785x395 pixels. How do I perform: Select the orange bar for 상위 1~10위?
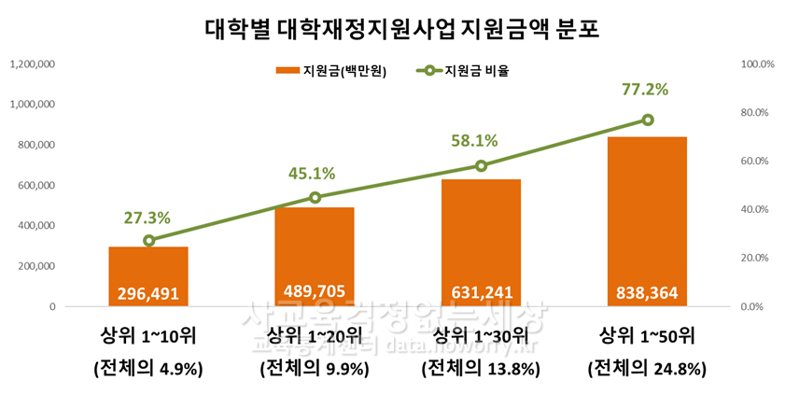pos(148,266)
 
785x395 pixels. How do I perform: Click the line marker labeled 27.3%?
pos(148,241)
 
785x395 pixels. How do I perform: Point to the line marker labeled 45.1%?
pos(315,197)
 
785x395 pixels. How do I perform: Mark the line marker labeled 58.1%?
pos(481,165)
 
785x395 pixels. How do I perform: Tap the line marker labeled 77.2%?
pos(647,120)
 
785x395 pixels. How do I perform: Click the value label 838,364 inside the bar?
pos(647,293)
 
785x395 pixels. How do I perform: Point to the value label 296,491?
pos(148,293)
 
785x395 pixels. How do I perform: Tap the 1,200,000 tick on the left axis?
pos(32,64)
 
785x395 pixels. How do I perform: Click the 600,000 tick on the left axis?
pos(35,186)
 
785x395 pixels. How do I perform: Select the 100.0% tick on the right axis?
pos(752,64)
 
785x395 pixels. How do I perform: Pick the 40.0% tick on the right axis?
pos(752,209)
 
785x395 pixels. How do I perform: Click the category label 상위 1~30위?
pos(481,335)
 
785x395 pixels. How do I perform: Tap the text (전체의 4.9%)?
pos(148,368)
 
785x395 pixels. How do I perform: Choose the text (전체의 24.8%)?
pos(647,368)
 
